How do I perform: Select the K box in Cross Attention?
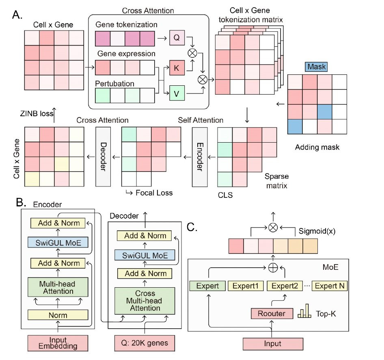(176, 67)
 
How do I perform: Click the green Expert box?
(207, 286)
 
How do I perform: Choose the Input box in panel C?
(273, 344)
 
